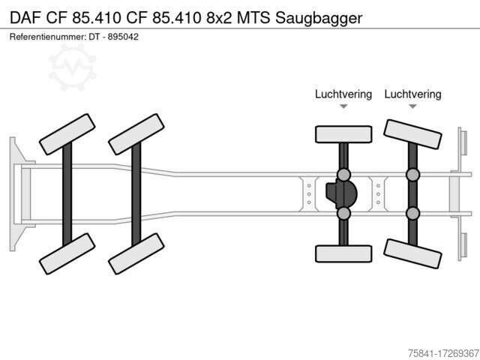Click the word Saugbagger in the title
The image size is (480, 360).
coord(319,18)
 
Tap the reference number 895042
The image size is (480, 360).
coord(123,37)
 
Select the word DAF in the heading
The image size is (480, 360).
coord(25,18)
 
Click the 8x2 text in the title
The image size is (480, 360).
coord(219,18)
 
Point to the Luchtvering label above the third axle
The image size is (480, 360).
coord(343,94)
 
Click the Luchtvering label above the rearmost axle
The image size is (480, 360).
coord(412,94)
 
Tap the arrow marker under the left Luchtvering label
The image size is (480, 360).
coord(343,106)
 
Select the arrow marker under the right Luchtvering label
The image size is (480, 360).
coord(412,106)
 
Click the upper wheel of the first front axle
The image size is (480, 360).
coord(67,134)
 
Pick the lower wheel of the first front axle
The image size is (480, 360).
coord(67,253)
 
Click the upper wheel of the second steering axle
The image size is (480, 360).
coord(136,134)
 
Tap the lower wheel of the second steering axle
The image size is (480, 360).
coord(136,253)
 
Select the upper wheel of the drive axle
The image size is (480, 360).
coord(343,134)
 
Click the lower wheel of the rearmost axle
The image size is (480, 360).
coord(412,253)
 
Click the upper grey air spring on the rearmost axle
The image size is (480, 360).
coord(412,175)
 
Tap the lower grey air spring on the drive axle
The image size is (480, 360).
coord(343,213)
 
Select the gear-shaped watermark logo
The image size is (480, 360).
coord(72,67)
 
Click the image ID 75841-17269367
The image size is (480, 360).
coord(443,353)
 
